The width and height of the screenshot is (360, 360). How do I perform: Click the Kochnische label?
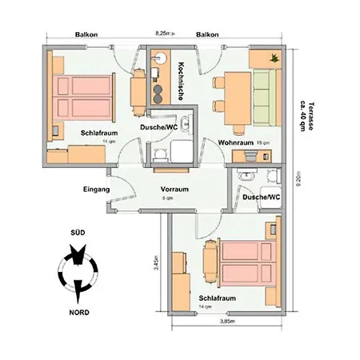tap(182, 81)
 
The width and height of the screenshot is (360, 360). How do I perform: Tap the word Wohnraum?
tap(235, 142)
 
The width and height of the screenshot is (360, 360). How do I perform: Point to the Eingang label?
tap(95, 190)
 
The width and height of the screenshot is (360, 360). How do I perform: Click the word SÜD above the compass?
tap(78, 232)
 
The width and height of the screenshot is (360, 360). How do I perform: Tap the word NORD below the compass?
tap(78, 311)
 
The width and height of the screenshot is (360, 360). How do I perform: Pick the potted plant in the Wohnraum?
tap(274, 58)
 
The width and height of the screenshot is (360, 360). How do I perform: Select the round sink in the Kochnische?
tap(161, 58)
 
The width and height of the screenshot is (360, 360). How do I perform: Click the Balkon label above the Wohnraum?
tap(207, 34)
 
